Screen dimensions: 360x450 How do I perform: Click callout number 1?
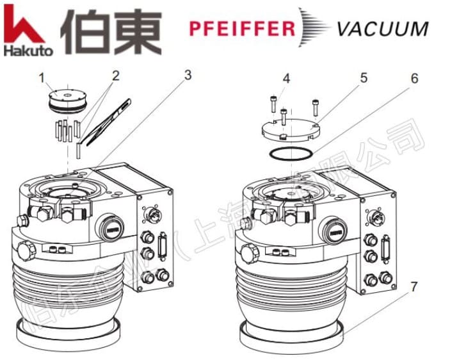[42, 79]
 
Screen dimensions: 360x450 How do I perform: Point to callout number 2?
[115, 76]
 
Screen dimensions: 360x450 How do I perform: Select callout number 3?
[187, 74]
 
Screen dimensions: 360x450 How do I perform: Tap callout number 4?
[286, 79]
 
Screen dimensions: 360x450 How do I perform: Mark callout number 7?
[414, 286]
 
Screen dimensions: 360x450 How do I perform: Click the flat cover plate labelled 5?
[292, 127]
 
